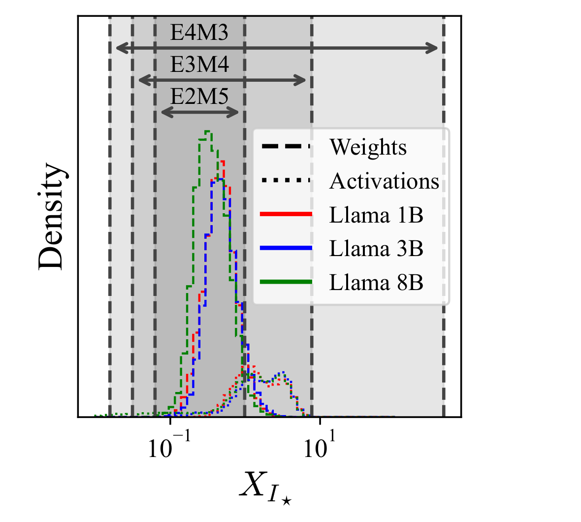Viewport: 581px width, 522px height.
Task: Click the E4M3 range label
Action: tap(199, 33)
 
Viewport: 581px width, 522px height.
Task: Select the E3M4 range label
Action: tap(199, 65)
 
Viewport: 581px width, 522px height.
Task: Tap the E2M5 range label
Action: tap(199, 97)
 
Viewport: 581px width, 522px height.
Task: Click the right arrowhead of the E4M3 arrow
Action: tap(432, 48)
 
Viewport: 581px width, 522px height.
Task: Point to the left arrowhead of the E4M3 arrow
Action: tap(122, 48)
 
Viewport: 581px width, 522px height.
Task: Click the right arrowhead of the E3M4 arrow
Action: tap(300, 80)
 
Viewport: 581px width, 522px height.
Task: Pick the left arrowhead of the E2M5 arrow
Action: tap(167, 112)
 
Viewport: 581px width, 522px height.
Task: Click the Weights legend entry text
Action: tap(368, 147)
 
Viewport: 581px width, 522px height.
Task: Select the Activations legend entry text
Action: tap(384, 181)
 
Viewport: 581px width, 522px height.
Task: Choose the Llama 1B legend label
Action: tap(376, 215)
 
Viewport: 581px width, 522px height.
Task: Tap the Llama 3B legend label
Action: tap(376, 249)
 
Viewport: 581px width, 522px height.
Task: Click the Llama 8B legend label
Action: tap(376, 283)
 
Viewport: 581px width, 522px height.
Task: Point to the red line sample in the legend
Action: tap(286, 214)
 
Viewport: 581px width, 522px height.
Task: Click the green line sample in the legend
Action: tap(286, 282)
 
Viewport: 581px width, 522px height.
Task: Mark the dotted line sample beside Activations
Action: tap(286, 180)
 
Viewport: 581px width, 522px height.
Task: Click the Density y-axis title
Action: tap(52, 216)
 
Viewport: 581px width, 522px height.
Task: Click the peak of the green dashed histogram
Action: tap(208, 131)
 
